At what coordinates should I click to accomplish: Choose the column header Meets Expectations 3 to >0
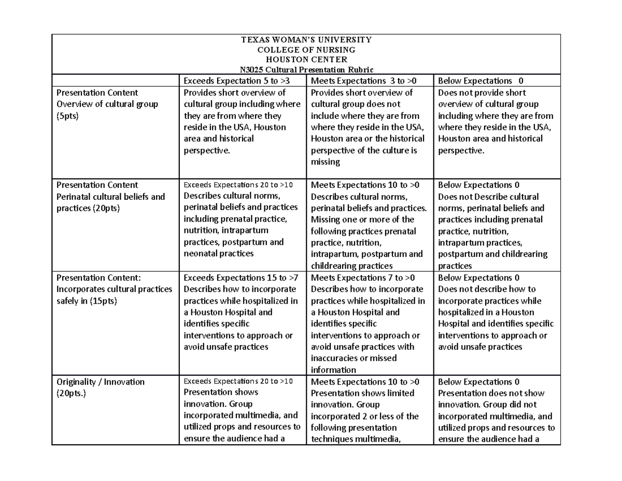tap(365, 80)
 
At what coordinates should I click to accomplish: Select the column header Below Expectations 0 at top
tap(480, 80)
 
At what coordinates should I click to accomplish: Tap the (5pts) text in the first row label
tap(68, 116)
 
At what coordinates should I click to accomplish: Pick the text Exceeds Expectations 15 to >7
tap(240, 278)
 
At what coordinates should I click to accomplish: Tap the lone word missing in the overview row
tap(325, 162)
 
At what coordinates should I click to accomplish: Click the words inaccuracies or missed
tap(354, 358)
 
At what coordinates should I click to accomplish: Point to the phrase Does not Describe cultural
tap(488, 197)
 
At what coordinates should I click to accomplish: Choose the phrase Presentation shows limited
tap(362, 393)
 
